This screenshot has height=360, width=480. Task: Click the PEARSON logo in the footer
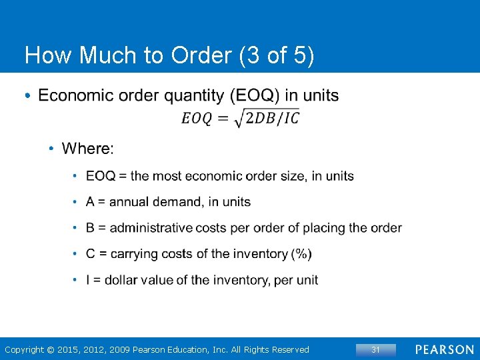[x=445, y=350]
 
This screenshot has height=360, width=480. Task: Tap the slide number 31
[x=375, y=350]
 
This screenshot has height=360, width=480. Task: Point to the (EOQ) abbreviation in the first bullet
[x=255, y=95]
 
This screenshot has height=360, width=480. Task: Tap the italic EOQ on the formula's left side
[x=197, y=119]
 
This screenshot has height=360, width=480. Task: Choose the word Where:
[x=88, y=148]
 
